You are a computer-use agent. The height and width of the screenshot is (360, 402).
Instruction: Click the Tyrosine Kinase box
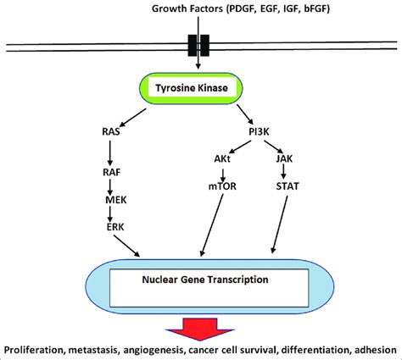pos(201,86)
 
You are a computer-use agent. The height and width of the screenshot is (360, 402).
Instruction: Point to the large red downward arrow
pos(201,327)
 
